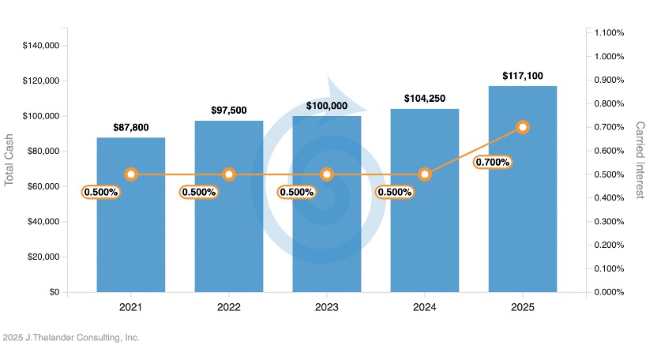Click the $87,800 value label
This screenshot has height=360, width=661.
131,127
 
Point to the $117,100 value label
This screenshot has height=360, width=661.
522,76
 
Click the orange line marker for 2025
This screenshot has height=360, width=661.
522,127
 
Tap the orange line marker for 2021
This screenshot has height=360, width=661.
131,174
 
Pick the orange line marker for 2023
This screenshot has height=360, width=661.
327,174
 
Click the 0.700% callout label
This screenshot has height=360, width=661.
494,163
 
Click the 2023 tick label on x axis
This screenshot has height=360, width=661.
327,307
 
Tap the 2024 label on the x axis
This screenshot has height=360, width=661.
424,307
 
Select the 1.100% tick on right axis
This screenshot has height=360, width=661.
609,33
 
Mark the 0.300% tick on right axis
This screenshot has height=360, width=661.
609,222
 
